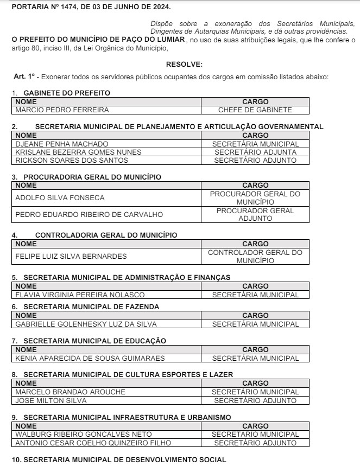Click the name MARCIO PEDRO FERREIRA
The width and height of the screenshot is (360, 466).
[62, 110]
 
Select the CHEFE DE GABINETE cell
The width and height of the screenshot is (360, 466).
[255, 110]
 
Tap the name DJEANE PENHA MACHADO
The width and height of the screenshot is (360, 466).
[62, 144]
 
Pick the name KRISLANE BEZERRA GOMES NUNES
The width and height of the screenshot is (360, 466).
[78, 152]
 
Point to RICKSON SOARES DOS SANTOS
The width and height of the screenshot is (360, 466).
[72, 161]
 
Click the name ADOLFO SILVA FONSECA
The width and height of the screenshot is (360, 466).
[60, 198]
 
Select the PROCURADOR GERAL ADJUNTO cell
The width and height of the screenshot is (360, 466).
[255, 214]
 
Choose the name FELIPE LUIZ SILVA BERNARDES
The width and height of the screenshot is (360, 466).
[71, 256]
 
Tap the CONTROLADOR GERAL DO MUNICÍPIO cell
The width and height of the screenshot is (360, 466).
[255, 256]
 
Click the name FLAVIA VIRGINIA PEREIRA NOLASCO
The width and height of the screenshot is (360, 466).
[80, 295]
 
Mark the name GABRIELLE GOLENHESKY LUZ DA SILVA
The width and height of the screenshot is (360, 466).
[86, 324]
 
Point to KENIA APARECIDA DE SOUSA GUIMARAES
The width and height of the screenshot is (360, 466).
[90, 359]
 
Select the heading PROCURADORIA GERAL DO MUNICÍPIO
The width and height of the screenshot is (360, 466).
[92, 177]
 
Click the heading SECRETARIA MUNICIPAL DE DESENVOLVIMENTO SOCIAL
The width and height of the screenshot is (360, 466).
[125, 460]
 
